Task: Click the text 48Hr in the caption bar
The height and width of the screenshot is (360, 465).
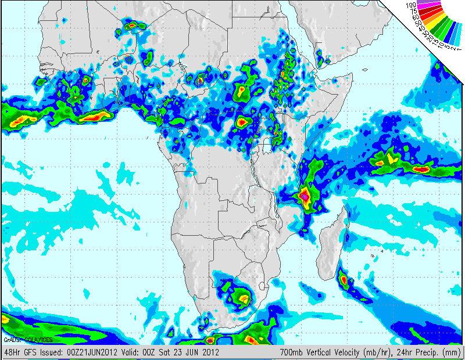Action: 12,352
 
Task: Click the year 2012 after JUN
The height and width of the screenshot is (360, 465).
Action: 209,352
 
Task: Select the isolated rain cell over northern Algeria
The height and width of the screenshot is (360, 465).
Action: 133,25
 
